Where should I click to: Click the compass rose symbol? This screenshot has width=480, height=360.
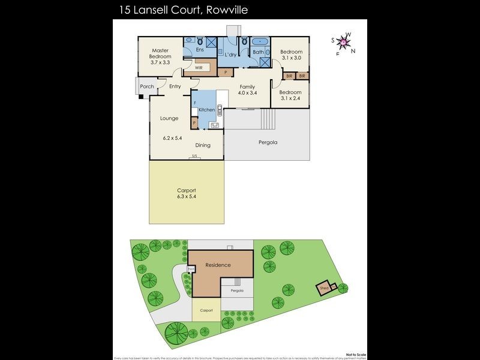coord(343,43)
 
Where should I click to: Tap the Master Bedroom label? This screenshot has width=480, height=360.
coord(160,53)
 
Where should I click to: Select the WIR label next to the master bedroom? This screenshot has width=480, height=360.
coord(198,68)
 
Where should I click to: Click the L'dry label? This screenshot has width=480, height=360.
coord(230,55)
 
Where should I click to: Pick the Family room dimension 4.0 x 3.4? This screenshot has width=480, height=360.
coord(247,94)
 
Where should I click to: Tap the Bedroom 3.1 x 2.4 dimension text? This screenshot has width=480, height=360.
coord(291,98)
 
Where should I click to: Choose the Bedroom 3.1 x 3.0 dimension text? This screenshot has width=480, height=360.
coord(291,59)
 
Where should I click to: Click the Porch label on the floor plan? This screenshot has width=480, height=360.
coord(147,87)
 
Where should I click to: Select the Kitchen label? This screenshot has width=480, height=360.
coord(206,110)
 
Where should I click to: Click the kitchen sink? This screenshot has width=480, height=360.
coord(215,125)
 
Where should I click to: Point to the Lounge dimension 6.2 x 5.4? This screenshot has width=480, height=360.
coord(172,137)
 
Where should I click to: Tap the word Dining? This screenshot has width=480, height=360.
coord(203,145)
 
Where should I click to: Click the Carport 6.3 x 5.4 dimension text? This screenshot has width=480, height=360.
coord(186,196)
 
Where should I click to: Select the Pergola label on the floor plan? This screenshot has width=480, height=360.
coord(268,143)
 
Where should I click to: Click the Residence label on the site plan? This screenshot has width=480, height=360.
coord(218,265)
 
